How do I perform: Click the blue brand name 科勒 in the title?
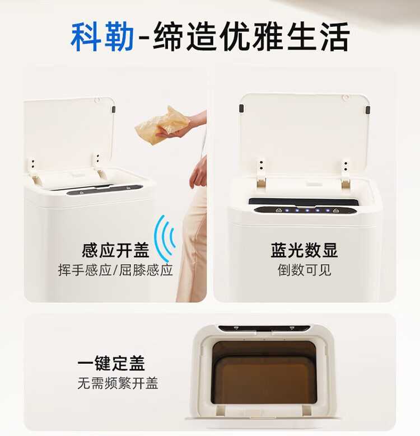102,36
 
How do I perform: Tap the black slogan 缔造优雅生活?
251,36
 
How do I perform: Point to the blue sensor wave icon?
165,238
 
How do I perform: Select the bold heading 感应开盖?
115,250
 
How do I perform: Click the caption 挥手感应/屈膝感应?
115,270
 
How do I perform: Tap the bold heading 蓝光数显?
304,250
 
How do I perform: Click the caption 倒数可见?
304,270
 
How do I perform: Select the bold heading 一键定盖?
111,363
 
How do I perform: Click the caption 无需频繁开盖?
118,383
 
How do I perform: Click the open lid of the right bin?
305,133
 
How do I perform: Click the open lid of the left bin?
69,133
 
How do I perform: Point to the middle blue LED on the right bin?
307,210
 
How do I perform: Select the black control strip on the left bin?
105,190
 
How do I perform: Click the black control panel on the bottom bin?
264,329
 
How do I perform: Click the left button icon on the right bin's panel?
279,210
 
